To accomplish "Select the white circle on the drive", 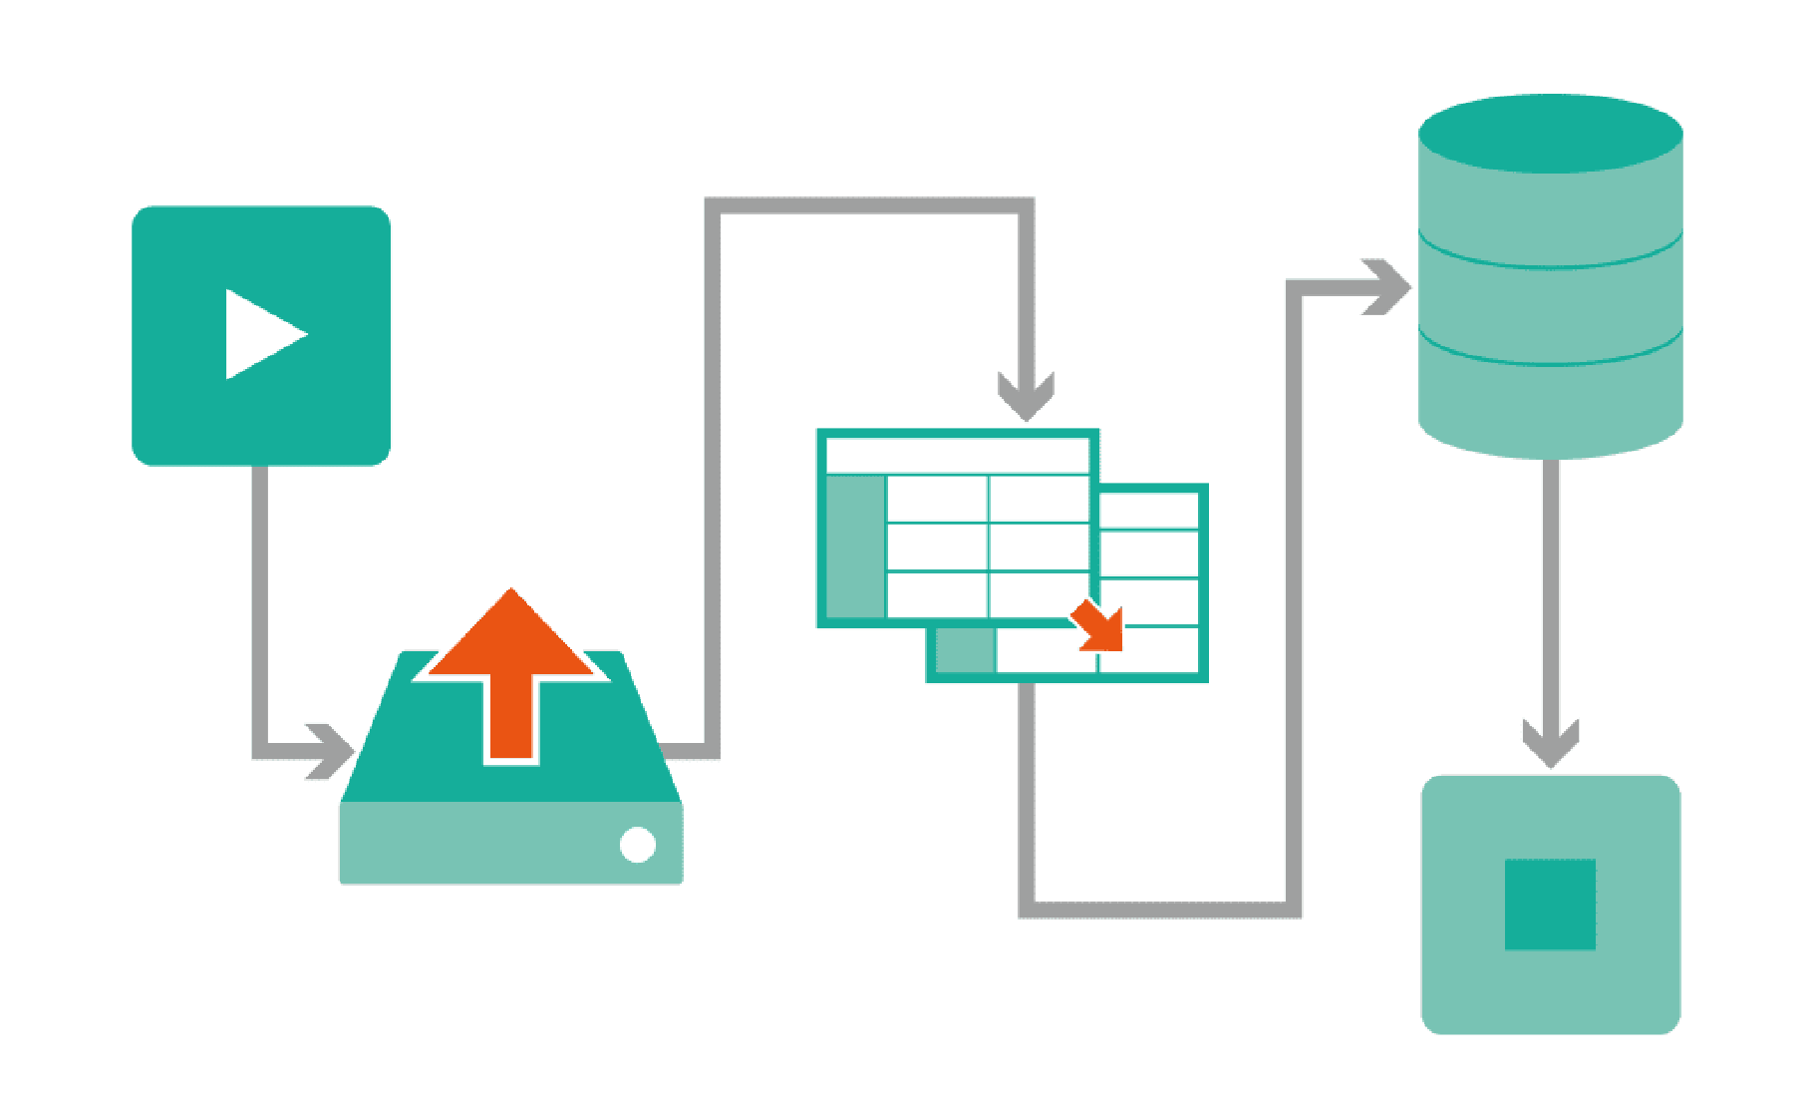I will [x=638, y=845].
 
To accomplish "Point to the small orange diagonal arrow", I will [x=1099, y=627].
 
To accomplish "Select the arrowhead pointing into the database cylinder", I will [x=1386, y=287].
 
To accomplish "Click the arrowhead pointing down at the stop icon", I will [x=1550, y=743].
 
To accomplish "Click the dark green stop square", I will [x=1550, y=905].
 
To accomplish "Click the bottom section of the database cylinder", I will [x=1550, y=404].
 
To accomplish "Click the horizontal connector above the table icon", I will [x=867, y=205].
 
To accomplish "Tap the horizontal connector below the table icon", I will [x=1161, y=910].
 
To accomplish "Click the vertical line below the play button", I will [x=260, y=598].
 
